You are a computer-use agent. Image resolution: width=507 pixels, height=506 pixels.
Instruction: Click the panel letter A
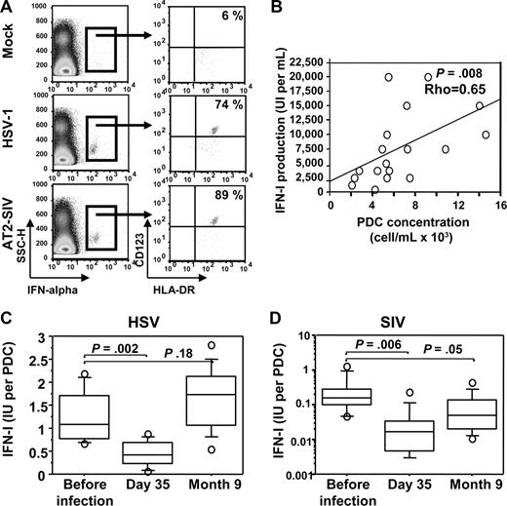click(x=9, y=9)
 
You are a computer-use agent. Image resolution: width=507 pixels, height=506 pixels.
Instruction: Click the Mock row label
click(x=13, y=45)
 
